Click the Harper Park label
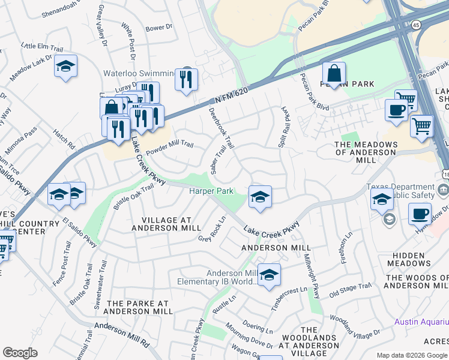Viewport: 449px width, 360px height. (211, 191)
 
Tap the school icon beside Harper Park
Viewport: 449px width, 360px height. (259, 197)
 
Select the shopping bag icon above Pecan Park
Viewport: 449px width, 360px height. (334, 74)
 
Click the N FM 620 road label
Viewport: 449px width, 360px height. (231, 94)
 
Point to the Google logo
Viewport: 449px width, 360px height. (20, 353)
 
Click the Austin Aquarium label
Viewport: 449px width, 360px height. (421, 322)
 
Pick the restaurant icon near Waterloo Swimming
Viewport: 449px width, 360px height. (186, 79)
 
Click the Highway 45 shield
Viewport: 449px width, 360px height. (417, 25)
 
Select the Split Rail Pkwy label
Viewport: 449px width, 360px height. (282, 128)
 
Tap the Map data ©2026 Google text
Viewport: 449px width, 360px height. (412, 355)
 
